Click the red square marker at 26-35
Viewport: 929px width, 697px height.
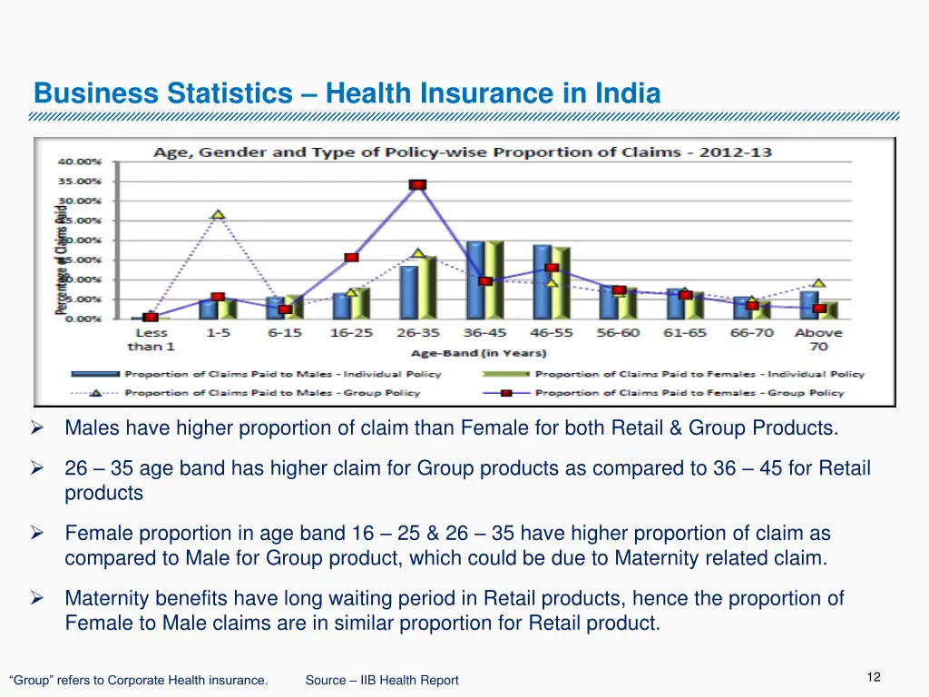[x=417, y=185]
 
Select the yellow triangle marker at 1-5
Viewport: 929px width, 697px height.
[x=218, y=215]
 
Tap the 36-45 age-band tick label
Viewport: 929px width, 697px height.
[x=485, y=333]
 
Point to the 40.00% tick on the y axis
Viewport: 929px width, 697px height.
[x=81, y=162]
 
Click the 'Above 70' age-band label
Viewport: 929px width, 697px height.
[x=818, y=339]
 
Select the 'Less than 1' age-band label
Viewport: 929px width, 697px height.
[x=151, y=339]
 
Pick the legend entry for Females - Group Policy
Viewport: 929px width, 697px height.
[x=689, y=393]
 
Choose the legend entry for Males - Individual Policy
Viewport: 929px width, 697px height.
[x=282, y=374]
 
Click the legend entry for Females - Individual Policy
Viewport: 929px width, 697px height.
[x=699, y=374]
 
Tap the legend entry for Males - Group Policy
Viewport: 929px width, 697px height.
[x=272, y=393]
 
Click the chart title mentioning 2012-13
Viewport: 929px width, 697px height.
[x=463, y=152]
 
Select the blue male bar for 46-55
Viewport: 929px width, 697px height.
[x=542, y=281]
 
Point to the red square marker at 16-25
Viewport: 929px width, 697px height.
[x=351, y=258]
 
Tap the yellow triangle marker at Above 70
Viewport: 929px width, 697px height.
[x=818, y=283]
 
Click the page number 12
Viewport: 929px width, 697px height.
[x=874, y=677]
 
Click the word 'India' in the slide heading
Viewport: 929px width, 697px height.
[x=628, y=93]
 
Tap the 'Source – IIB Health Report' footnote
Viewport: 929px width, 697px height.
[x=382, y=680]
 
